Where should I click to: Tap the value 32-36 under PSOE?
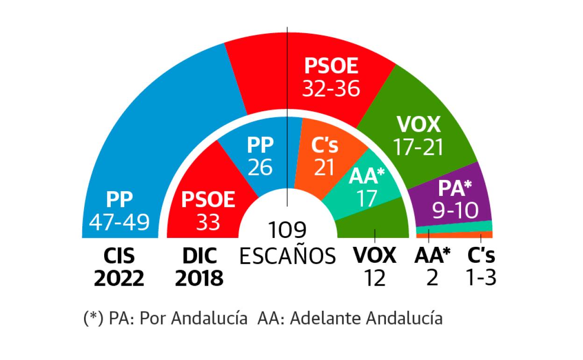coord(331,88)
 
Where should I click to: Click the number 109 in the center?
coord(287,230)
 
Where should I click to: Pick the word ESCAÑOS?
coord(287,256)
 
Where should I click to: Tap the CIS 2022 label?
coord(119,267)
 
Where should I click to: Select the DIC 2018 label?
coord(199,267)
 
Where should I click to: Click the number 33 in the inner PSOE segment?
coord(208,223)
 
